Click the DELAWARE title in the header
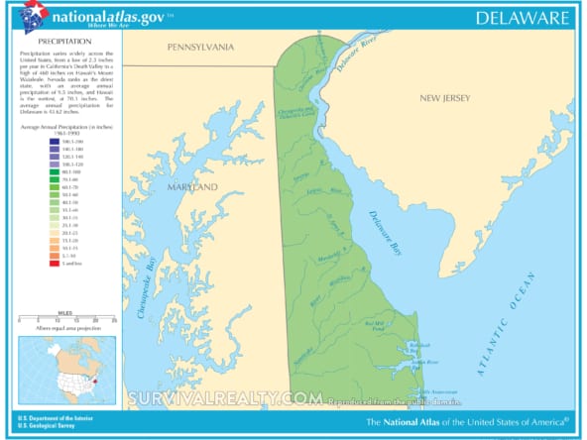(x=522, y=18)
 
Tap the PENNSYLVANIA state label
(x=200, y=47)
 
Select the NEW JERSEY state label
(x=442, y=98)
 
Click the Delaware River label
(x=352, y=57)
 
